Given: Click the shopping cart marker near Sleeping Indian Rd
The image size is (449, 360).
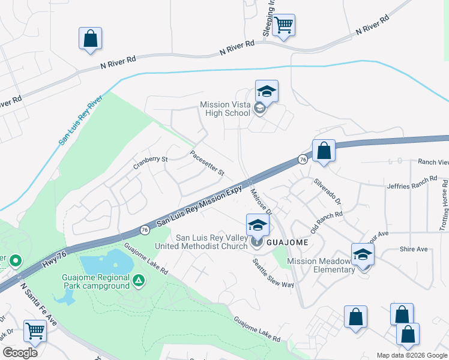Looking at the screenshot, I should pyautogui.click(x=283, y=26).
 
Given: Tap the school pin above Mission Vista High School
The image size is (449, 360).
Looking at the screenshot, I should pyautogui.click(x=267, y=92).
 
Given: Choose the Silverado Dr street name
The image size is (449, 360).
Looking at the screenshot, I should pyautogui.click(x=327, y=191).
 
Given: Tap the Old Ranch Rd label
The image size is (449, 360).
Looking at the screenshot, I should pyautogui.click(x=326, y=222).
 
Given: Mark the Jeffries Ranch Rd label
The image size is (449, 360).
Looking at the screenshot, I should pyautogui.click(x=412, y=183).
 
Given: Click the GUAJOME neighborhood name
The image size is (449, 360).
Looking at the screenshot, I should pyautogui.click(x=288, y=242).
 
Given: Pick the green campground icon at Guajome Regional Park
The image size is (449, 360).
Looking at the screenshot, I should pyautogui.click(x=139, y=280).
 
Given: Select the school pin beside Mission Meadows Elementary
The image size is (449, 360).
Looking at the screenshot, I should pyautogui.click(x=363, y=255).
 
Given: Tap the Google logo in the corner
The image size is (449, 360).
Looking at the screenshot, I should pyautogui.click(x=20, y=353).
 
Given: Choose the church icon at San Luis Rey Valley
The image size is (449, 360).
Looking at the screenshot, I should pyautogui.click(x=257, y=243).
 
